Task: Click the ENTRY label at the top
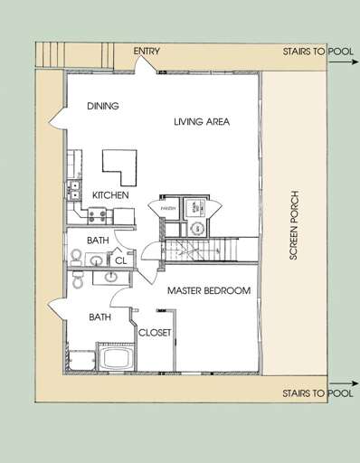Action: (147, 52)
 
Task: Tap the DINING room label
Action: (102, 106)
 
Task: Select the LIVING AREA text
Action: (202, 121)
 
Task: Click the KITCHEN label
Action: (110, 195)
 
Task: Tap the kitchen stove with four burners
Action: (97, 215)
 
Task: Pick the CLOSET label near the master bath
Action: (154, 333)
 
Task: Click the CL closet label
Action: (119, 261)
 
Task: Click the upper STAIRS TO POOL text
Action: (317, 52)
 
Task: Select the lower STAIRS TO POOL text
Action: (317, 393)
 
